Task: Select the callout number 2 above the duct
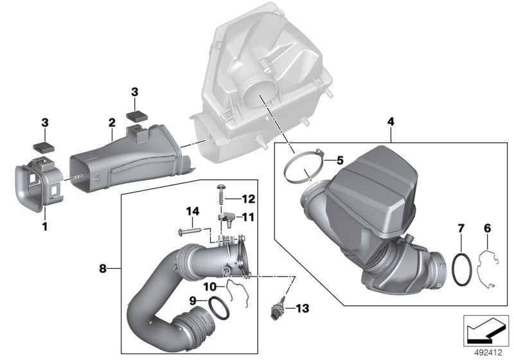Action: pos(111,122)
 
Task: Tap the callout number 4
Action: pos(391,121)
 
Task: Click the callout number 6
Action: pos(487,228)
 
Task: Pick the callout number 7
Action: pos(461,228)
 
